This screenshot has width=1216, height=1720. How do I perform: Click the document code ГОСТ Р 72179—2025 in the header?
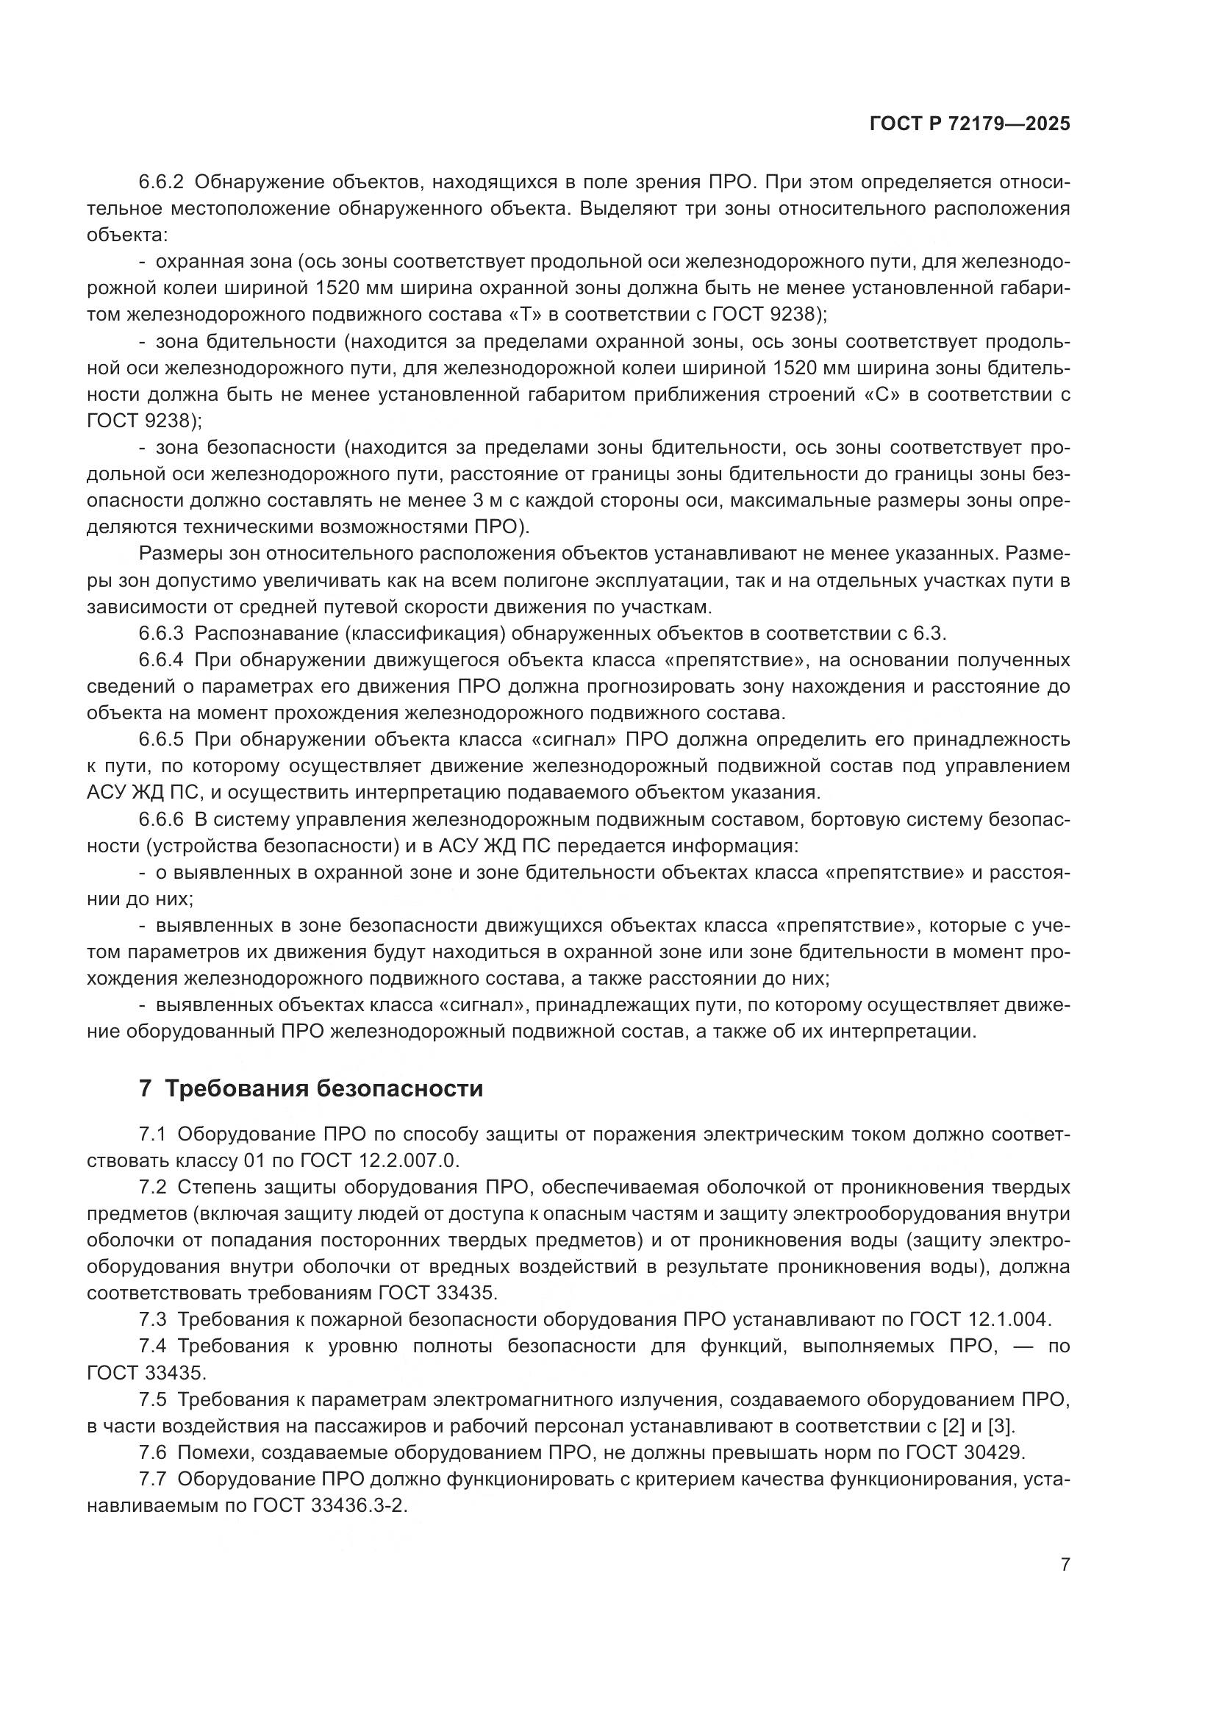tap(970, 124)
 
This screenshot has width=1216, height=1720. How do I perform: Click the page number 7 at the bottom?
tap(1065, 1564)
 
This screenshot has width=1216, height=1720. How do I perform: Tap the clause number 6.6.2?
tap(161, 182)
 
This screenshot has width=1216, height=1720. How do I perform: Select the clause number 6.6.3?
tap(161, 634)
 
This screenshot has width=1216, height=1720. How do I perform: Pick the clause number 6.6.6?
tap(161, 819)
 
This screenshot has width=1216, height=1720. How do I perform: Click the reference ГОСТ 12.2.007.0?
tap(377, 1161)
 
